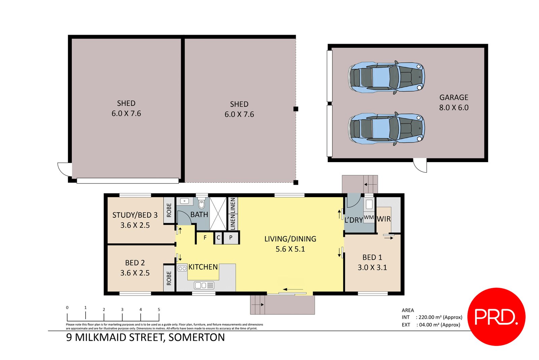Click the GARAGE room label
[x=454, y=97]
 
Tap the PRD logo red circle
[x=496, y=317]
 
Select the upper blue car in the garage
[x=386, y=77]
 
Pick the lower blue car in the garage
[x=386, y=128]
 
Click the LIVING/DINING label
[x=290, y=239]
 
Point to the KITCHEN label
[x=203, y=267]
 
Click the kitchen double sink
[x=204, y=286]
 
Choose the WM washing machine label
[x=369, y=217]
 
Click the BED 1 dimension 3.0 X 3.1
[x=372, y=268]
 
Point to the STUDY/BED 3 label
[x=135, y=215]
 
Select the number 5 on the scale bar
[x=159, y=309]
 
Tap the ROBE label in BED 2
[x=169, y=278]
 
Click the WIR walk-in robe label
[x=384, y=219]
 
